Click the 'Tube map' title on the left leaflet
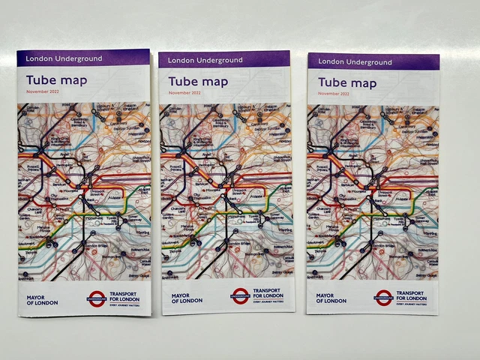[56, 80]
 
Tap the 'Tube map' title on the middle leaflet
[198, 81]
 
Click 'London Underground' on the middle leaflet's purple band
[205, 60]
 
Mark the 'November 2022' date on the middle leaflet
[184, 92]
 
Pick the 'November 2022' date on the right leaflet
[333, 93]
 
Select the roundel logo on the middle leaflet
[240, 296]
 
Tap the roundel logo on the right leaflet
[384, 298]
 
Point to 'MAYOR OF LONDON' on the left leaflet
[37, 298]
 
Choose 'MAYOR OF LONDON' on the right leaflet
[331, 298]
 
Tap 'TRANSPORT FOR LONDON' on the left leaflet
[127, 295]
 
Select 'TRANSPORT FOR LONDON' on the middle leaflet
[268, 292]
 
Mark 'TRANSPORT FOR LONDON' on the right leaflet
[412, 294]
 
